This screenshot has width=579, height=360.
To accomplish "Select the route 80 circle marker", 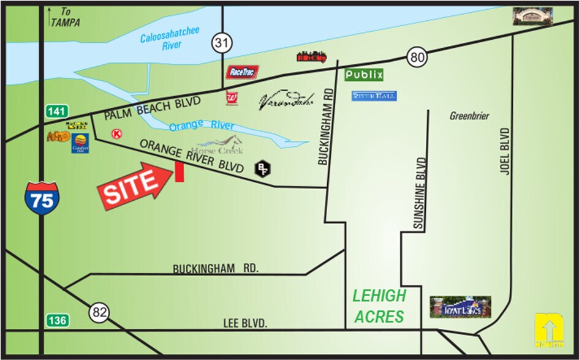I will (x=417, y=59).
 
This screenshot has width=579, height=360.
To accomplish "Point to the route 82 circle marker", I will (x=99, y=312).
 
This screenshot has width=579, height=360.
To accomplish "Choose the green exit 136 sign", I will (x=56, y=320).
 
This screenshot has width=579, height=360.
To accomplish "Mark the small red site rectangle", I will (x=180, y=172).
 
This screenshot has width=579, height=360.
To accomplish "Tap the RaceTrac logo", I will (x=240, y=72).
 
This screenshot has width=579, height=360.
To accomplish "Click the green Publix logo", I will (x=364, y=75).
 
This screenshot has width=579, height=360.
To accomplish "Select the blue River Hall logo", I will (x=374, y=96).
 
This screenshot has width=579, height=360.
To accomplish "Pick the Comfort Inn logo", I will (x=80, y=143).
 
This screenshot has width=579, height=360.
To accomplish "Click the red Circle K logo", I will (x=116, y=133).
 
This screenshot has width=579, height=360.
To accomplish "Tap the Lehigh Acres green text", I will (x=379, y=306).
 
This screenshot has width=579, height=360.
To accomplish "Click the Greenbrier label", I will (x=469, y=116).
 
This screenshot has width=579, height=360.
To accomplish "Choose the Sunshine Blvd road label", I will (x=420, y=193).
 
